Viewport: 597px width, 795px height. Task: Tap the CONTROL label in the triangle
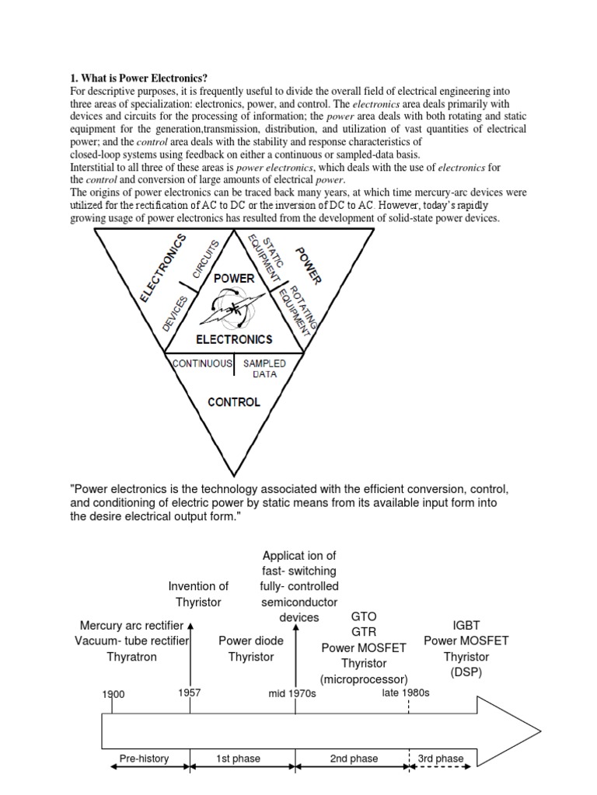234,402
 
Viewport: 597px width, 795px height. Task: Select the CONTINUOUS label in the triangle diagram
202,363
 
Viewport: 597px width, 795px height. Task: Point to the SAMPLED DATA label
265,368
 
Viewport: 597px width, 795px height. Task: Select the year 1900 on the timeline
113,694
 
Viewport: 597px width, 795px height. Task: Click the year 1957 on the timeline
190,692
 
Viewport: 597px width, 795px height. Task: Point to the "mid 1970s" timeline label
292,693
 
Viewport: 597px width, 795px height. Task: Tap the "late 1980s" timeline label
406,692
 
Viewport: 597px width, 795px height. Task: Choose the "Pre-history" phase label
144,759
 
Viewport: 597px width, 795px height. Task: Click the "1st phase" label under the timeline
238,759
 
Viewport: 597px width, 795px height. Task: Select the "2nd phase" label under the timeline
354,759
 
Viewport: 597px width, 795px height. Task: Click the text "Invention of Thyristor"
199,594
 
